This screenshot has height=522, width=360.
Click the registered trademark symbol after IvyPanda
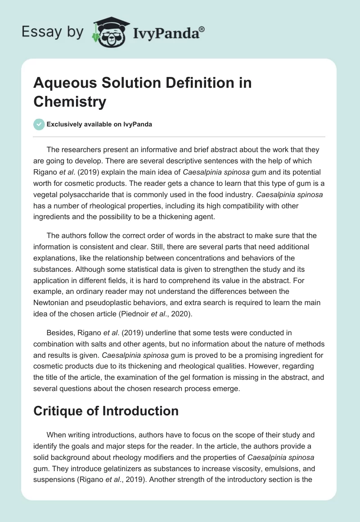coord(202,29)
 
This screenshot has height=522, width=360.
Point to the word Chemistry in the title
coord(70,101)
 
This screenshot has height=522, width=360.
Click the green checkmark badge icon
coord(39,124)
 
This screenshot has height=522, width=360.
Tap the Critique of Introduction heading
coord(106,410)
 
